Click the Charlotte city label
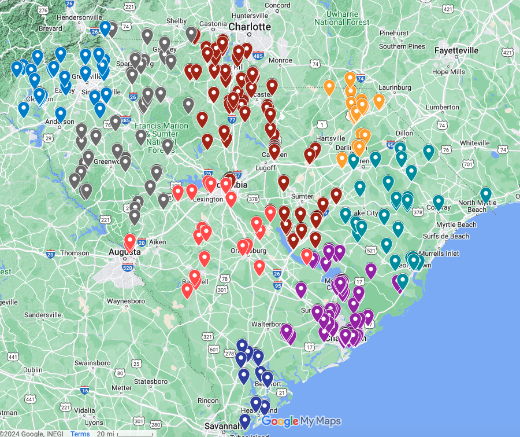point(250,27)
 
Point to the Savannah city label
point(222,426)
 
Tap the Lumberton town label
point(443,107)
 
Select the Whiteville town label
point(474,143)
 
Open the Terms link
point(80,434)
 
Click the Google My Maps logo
point(301,421)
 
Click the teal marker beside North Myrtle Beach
point(486,195)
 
